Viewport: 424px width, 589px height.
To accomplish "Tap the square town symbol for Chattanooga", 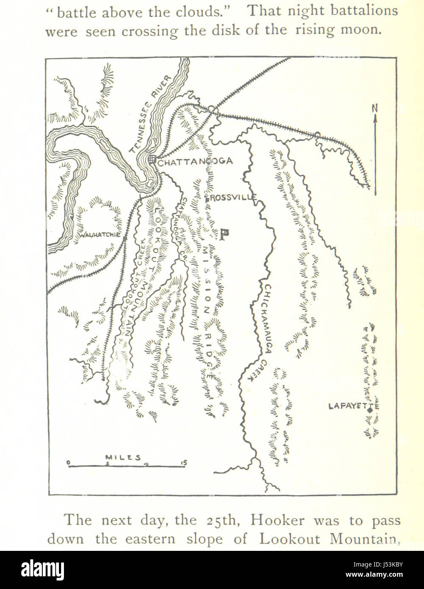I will coord(152,159).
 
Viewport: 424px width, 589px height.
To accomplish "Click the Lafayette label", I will coord(353,406).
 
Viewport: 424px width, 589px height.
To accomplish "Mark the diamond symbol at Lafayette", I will coord(370,410).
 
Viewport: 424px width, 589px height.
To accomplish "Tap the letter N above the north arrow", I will coord(374,108).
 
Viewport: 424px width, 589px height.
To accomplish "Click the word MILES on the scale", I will coord(123,457).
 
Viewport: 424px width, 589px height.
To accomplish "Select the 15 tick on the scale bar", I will coord(183,463).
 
